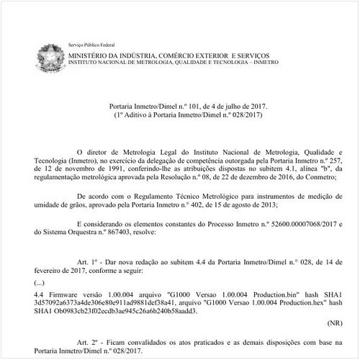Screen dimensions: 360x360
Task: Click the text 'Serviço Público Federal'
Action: [x=91, y=45]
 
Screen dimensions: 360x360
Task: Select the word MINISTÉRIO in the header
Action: [x=89, y=55]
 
